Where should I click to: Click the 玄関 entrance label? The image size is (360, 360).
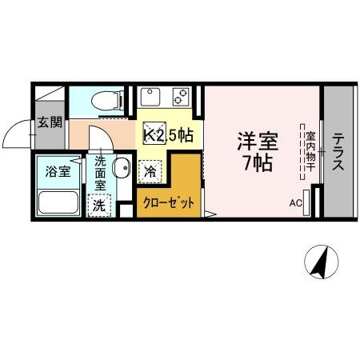pos(50,122)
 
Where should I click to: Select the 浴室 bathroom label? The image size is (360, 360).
pos(57,170)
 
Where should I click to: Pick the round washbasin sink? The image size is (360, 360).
pos(121,168)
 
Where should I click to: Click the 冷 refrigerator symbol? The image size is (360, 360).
pos(150,170)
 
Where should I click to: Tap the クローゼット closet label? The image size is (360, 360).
pos(169,203)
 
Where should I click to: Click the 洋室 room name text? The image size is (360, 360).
pos(256,142)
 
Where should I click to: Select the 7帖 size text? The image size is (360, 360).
pos(256,164)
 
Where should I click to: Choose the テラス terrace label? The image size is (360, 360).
pos(338,152)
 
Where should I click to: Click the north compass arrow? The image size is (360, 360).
pos(323,260)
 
